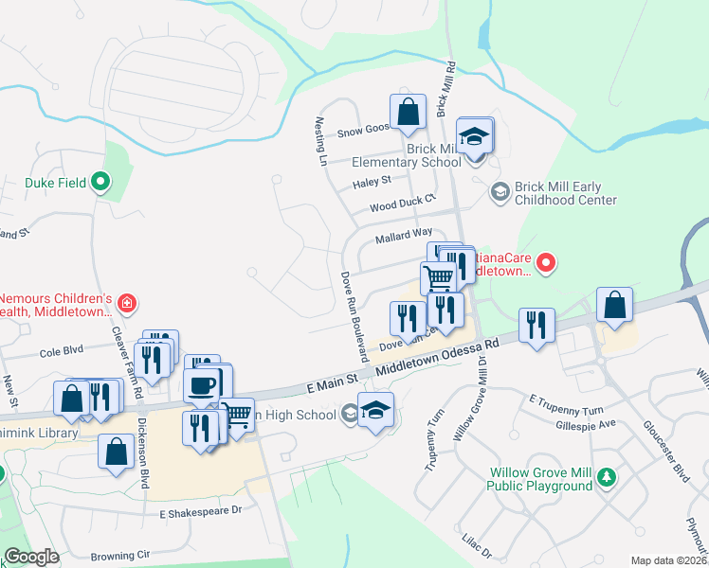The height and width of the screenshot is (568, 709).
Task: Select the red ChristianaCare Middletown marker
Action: click(x=545, y=263)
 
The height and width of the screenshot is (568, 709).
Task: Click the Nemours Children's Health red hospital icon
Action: click(x=127, y=304)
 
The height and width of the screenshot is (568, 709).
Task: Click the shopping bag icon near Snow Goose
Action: click(x=407, y=112)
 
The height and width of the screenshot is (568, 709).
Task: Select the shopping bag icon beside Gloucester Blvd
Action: click(x=615, y=306)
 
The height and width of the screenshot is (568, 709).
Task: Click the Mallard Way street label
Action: click(x=403, y=232)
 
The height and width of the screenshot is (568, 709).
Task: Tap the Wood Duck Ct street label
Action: click(x=401, y=203)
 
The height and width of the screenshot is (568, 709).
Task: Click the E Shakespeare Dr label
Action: click(x=202, y=509)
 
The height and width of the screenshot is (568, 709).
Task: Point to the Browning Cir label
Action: click(x=120, y=556)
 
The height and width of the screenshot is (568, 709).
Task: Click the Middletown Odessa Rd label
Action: click(x=437, y=362)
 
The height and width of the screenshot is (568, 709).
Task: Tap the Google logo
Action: click(x=31, y=557)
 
